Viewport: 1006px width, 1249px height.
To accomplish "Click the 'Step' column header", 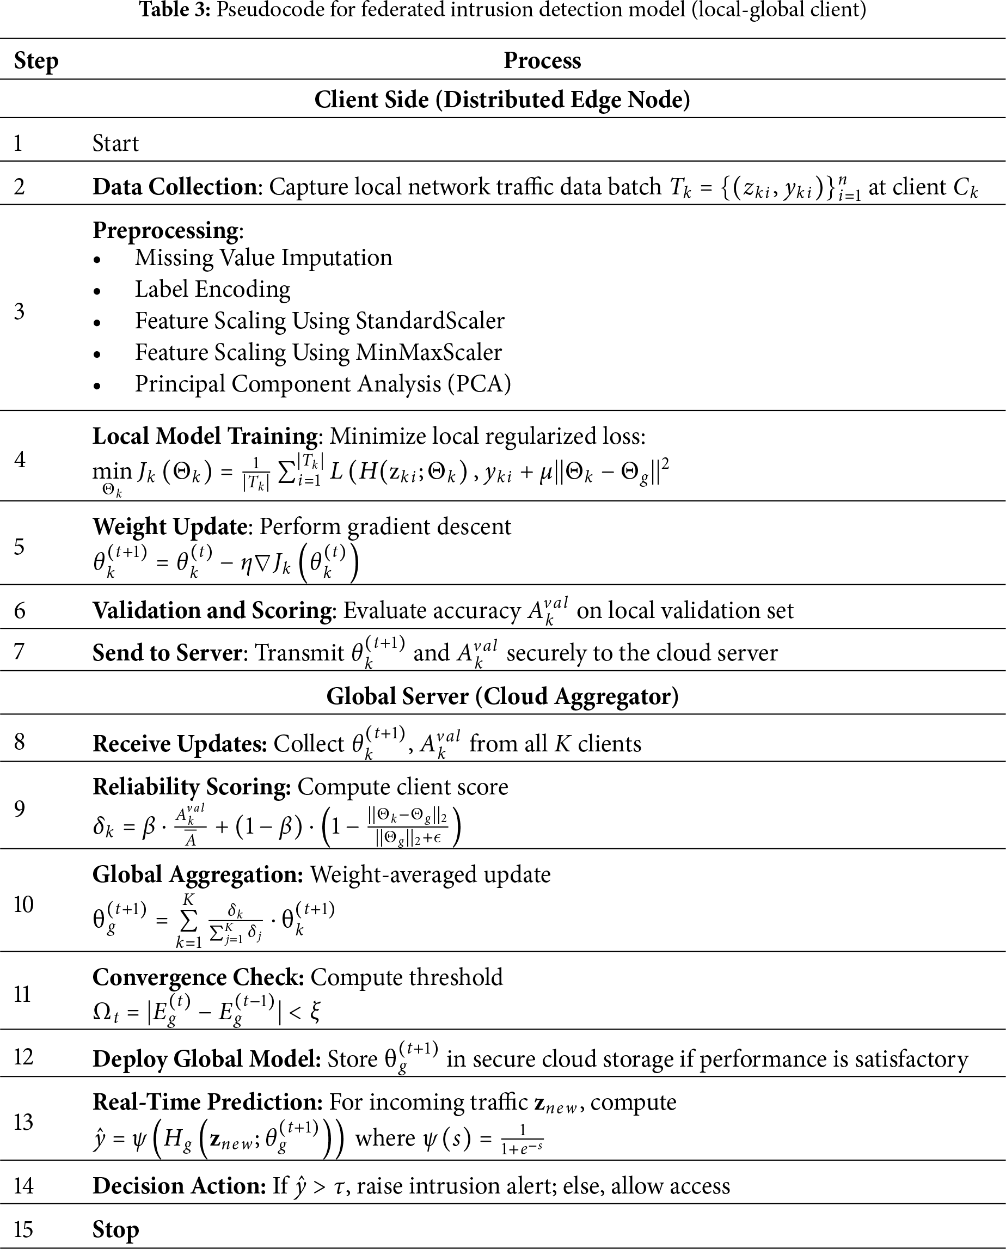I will [36, 61].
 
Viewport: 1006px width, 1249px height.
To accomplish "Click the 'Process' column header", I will [542, 61].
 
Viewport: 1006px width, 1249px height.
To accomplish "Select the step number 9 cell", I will [20, 809].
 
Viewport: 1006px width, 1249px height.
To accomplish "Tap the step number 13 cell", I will [23, 1122].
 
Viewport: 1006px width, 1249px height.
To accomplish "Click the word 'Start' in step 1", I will [115, 143].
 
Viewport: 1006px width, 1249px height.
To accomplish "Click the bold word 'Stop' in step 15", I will [115, 1229].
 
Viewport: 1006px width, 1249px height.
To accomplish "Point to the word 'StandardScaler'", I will [430, 321].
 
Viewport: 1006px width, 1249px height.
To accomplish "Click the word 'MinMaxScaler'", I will [428, 352].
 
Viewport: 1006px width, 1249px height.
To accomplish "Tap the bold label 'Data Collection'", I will [174, 187].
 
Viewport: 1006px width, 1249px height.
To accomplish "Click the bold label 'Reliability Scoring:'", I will [192, 787].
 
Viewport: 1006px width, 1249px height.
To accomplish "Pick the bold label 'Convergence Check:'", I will [198, 977].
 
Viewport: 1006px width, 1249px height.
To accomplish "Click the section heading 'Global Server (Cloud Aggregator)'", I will [502, 696].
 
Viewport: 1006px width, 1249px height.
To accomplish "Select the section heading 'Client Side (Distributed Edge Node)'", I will [502, 100].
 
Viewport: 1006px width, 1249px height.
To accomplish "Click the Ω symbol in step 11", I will [102, 1012].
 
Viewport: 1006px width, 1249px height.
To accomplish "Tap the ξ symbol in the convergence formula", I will [315, 1012].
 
